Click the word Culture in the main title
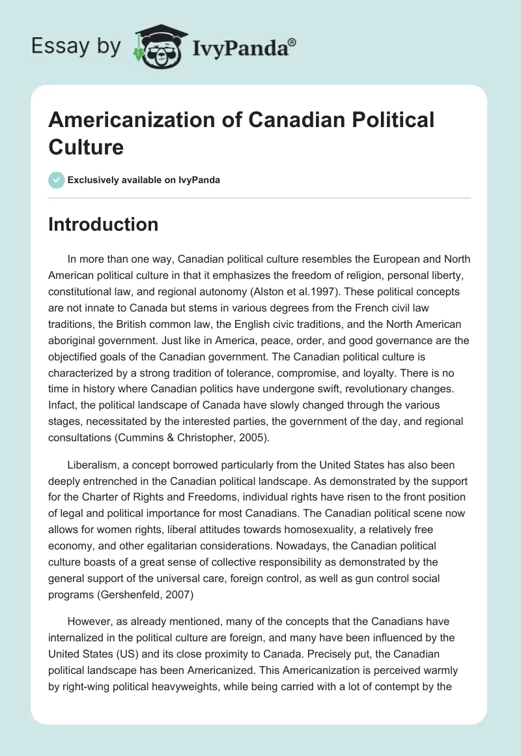point(86,147)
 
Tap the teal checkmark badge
point(57,180)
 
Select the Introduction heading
point(104,224)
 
